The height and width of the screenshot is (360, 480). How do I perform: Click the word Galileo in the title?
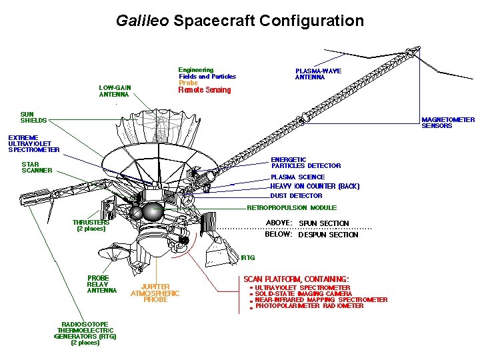click(x=143, y=21)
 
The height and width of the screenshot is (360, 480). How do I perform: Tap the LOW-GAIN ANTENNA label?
click(x=115, y=91)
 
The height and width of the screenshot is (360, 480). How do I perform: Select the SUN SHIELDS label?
click(x=33, y=117)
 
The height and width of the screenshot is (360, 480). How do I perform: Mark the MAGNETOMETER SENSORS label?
click(x=448, y=123)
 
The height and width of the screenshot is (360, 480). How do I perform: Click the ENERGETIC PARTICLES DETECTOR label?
click(x=305, y=163)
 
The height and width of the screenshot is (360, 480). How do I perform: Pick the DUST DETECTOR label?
click(x=296, y=196)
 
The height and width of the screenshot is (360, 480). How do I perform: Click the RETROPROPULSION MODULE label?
click(x=292, y=207)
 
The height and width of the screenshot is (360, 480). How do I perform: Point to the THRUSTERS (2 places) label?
click(x=91, y=225)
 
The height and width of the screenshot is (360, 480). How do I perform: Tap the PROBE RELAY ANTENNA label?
click(x=102, y=284)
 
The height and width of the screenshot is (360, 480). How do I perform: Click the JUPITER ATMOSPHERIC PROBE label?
click(x=155, y=293)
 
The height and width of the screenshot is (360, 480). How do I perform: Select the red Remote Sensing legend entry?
click(x=205, y=90)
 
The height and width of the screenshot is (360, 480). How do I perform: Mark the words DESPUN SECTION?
click(x=328, y=235)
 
